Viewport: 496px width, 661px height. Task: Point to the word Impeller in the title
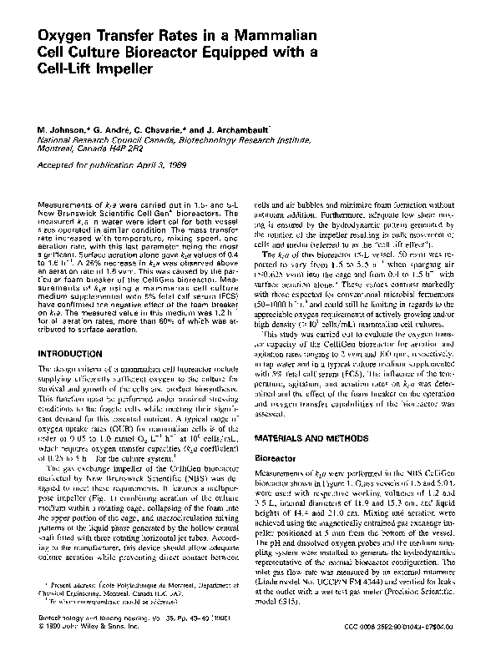click(x=120, y=71)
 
